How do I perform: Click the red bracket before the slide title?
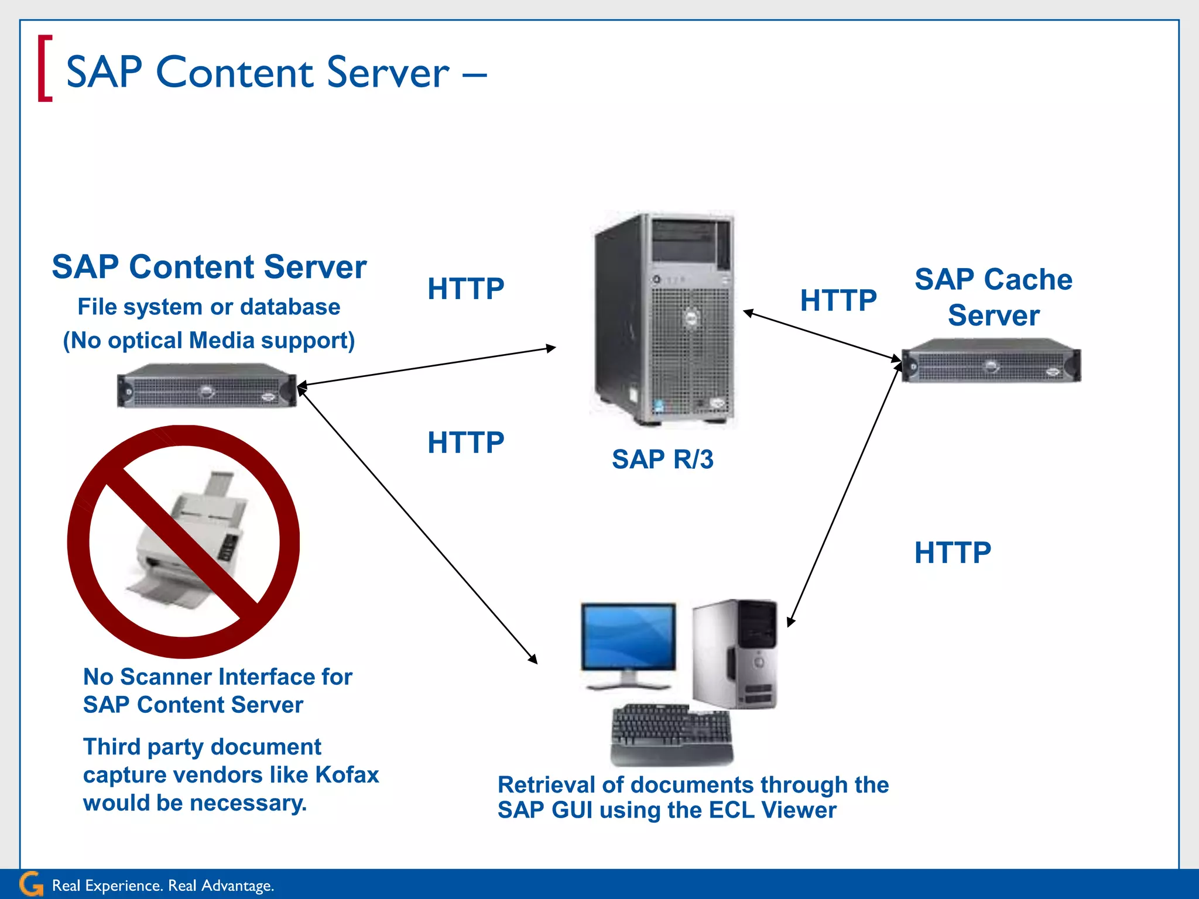44,69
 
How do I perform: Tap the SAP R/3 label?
662,459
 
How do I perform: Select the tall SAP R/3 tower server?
665,319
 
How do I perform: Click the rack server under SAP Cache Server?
991,361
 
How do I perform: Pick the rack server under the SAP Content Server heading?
207,386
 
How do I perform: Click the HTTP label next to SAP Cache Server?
838,301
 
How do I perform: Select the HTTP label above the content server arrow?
465,289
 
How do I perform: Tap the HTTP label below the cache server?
953,553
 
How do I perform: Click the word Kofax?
347,775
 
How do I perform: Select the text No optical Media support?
209,341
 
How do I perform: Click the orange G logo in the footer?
31,884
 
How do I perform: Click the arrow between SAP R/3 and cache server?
822,336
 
